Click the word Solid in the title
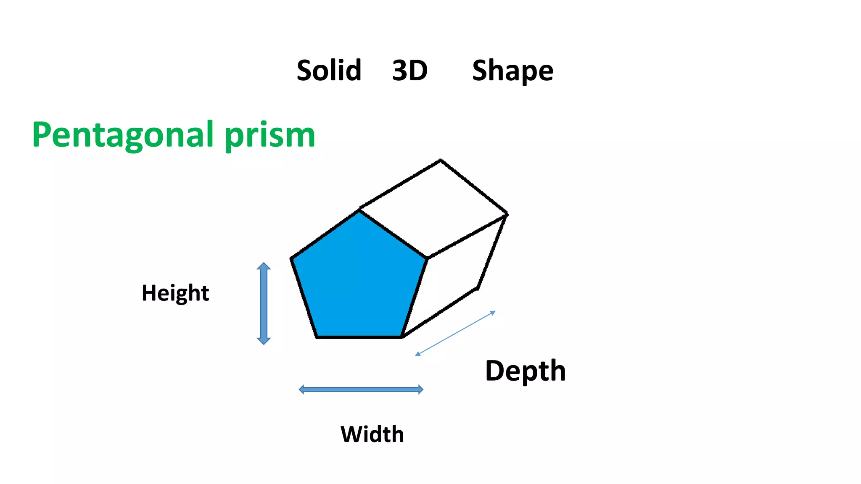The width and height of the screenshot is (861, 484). pos(329,70)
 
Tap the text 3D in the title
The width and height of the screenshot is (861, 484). pos(410,70)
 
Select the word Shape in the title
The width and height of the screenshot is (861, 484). pos(512,71)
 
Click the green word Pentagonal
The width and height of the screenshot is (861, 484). pos(123,135)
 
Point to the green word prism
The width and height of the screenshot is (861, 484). pos(270,136)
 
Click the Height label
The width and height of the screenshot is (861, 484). pos(175,293)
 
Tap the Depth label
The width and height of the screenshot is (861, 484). pos(526,371)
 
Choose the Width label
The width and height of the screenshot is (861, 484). pos(372,434)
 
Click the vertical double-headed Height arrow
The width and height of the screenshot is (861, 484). pos(264,303)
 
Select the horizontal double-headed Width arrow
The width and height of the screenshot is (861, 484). pos(361,389)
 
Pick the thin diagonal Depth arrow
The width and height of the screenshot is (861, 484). pos(455,334)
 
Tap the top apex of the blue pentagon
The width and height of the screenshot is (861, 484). pos(359,211)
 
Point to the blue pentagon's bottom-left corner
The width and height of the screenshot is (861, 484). pos(317,337)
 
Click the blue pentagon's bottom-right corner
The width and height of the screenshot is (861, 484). pos(402,337)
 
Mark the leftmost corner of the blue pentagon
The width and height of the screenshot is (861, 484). pos(292,258)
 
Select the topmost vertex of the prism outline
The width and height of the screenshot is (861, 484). pos(440,160)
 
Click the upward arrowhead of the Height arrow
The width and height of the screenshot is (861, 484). pos(264,266)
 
